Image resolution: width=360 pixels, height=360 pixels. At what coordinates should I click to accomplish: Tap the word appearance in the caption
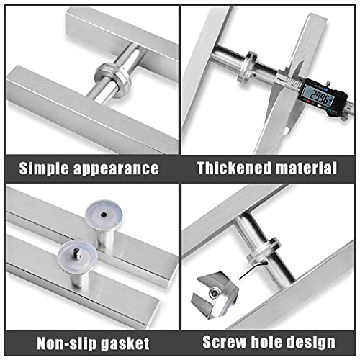point(117,169)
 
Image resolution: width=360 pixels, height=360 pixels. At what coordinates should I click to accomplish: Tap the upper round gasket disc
point(105,213)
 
